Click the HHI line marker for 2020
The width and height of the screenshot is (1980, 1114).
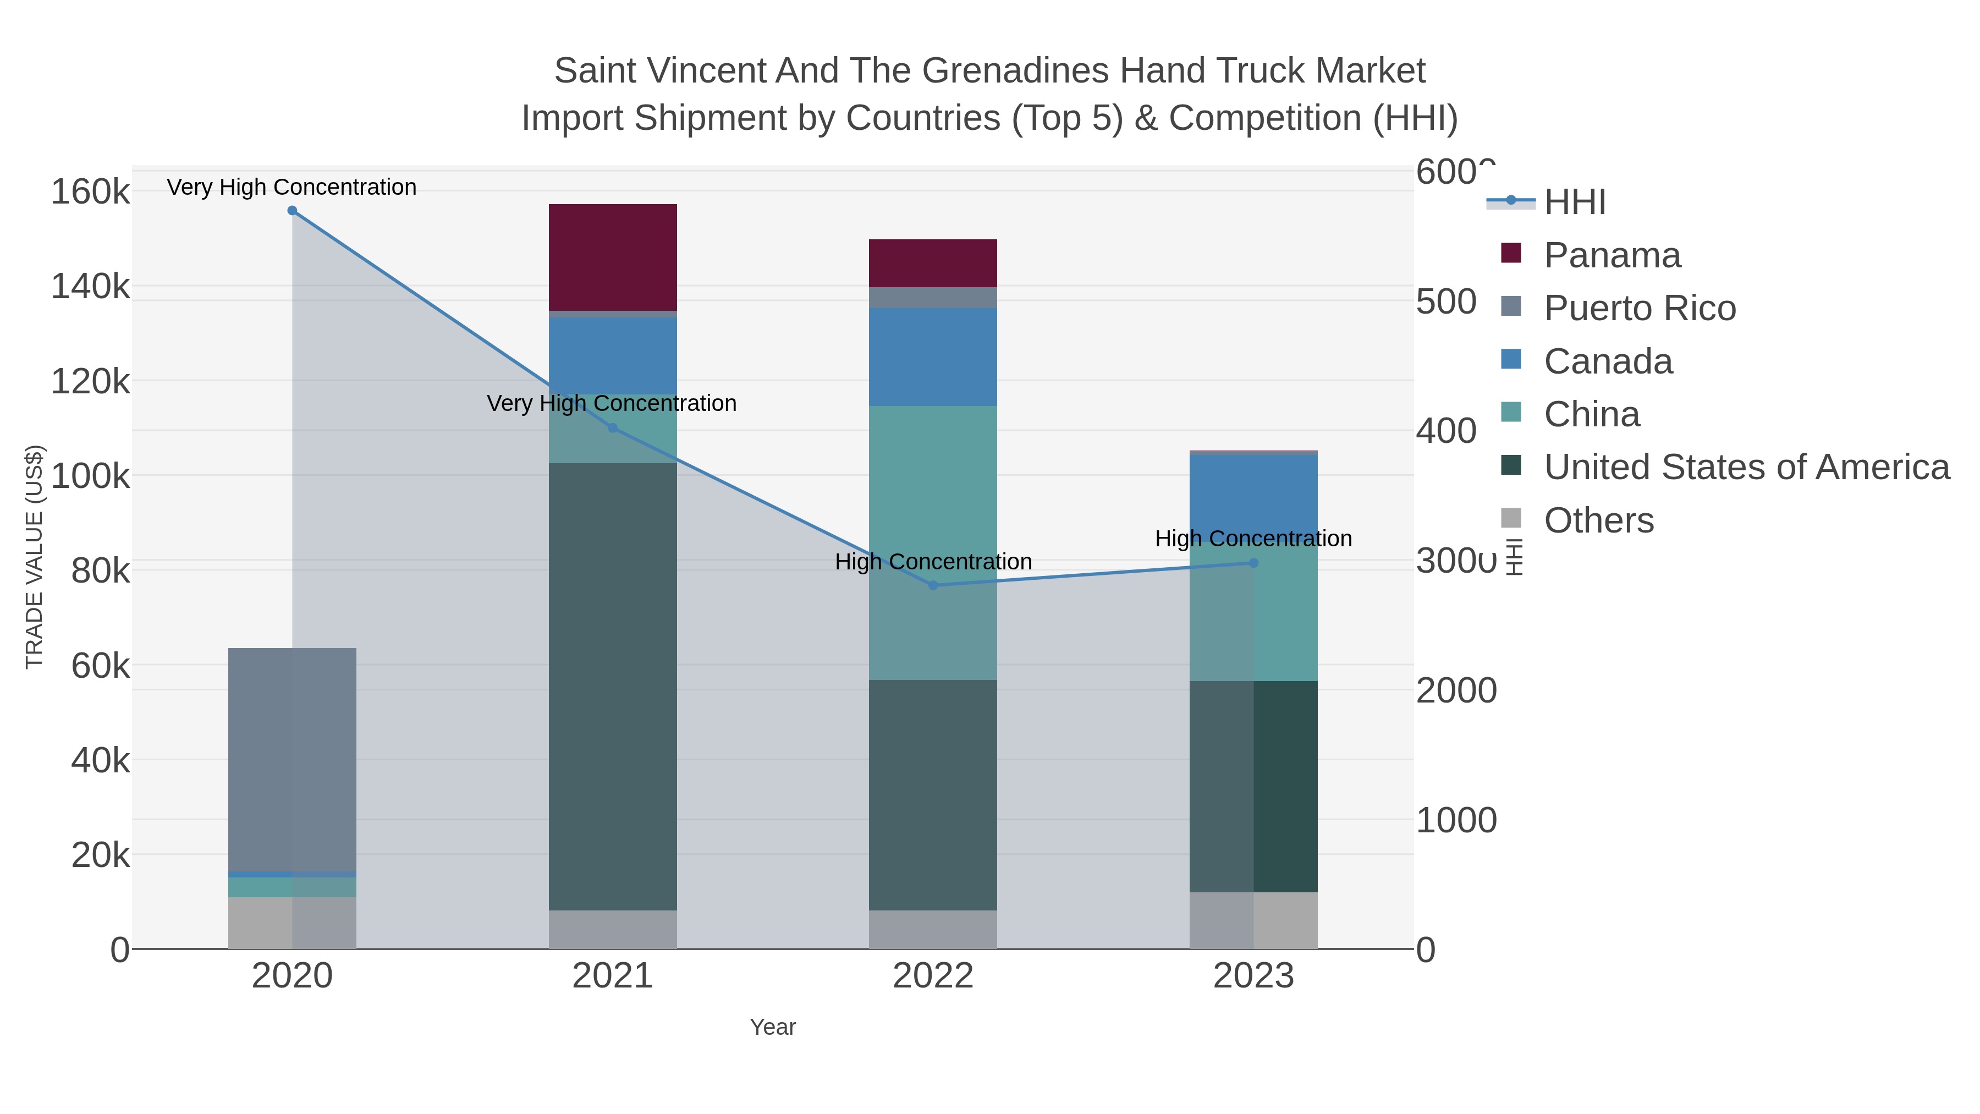[292, 211]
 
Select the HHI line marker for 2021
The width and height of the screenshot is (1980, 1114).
[613, 428]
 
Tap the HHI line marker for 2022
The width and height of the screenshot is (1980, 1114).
[933, 585]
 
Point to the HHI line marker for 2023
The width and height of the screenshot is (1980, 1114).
[1253, 563]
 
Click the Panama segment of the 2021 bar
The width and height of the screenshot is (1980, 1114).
[613, 257]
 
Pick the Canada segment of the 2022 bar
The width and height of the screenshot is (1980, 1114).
[933, 356]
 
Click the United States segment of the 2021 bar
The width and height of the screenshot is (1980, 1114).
[613, 686]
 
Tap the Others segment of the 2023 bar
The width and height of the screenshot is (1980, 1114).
[1253, 920]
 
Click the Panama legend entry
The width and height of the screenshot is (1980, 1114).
[1612, 255]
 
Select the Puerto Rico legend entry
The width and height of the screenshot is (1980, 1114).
[1640, 308]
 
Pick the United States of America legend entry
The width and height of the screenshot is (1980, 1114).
[1746, 468]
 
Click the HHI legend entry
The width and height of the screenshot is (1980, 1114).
[1574, 202]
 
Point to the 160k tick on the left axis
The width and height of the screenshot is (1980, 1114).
[91, 191]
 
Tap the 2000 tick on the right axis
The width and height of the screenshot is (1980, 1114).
[1456, 690]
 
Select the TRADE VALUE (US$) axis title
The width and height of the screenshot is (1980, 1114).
[35, 557]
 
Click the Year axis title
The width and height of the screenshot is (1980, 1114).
[773, 1027]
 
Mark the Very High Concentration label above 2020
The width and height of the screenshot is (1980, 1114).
[292, 187]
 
